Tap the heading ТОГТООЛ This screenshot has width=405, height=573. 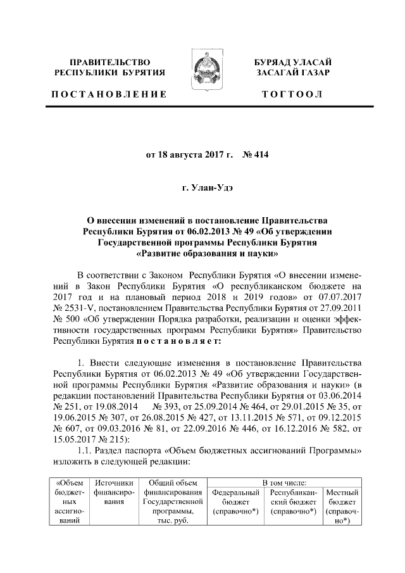(296, 94)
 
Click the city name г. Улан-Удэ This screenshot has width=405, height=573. (208, 188)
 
